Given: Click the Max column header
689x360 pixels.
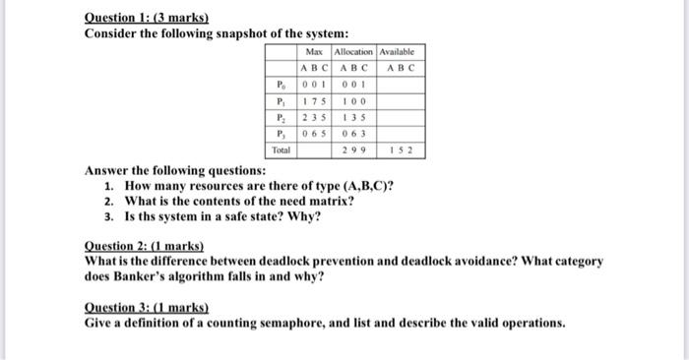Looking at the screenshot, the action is point(314,50).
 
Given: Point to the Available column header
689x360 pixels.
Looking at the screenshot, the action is point(401,50).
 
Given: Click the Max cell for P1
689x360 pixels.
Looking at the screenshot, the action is point(314,100).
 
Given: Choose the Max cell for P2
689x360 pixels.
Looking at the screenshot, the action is point(314,117).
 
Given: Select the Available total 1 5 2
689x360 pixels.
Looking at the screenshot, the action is point(401,150).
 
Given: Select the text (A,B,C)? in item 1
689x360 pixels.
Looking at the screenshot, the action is point(363,185).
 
